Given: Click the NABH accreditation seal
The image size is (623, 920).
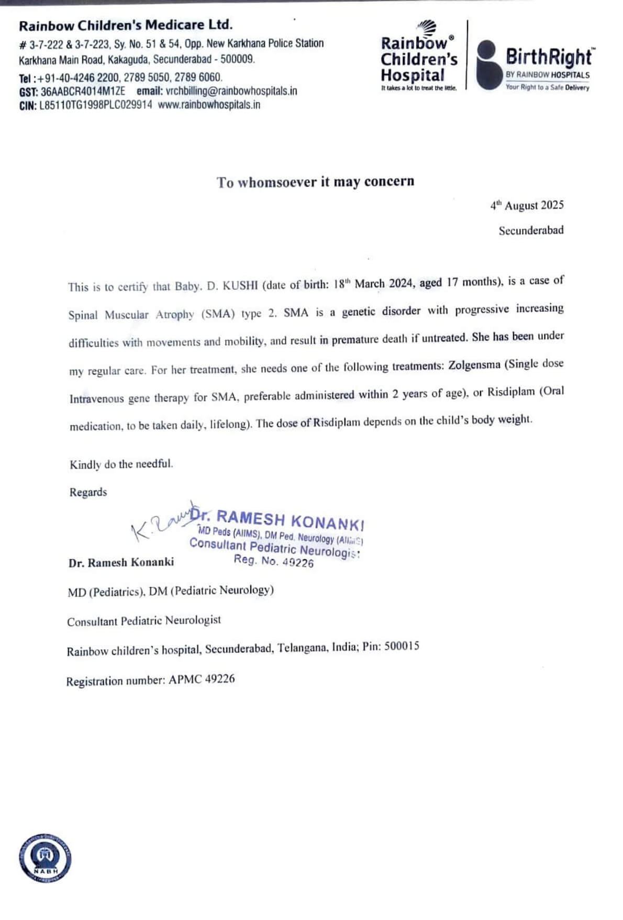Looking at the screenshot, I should pos(46,858).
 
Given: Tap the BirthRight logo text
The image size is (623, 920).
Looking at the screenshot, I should pos(548,57).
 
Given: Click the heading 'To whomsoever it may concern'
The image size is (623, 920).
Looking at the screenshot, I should pos(315,182).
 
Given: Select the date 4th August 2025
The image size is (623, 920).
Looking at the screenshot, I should pos(527,205).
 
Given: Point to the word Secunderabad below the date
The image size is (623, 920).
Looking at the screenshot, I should pos(531,230).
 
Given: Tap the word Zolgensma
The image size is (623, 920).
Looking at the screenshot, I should pos(474,365).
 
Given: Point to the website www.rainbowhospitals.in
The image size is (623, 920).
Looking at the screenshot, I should pos(209,104).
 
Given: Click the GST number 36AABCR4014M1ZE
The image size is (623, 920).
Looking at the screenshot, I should pos(83,91).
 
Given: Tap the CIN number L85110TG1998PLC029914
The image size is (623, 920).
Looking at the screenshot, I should pos(96,105).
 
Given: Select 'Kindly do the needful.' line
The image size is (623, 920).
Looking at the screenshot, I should pos(121,464).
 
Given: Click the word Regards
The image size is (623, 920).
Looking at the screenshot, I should pos(88,492).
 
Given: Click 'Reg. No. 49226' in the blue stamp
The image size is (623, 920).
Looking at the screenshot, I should pos(273,561).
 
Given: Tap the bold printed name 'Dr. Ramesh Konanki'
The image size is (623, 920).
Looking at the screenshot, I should pos(121,562).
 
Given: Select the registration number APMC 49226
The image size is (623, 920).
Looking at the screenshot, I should pos(202,680).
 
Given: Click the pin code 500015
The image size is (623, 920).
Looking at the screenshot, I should pos(402,646).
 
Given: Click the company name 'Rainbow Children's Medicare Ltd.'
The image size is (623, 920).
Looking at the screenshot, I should pos(126,25).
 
